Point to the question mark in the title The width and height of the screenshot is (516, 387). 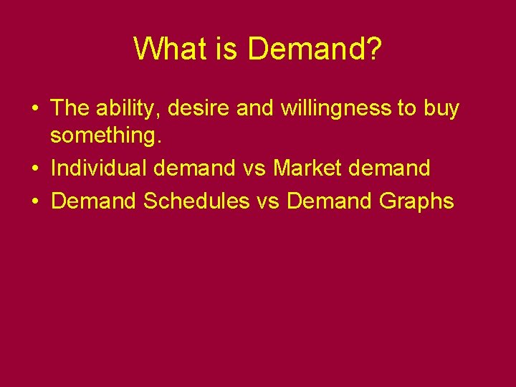[374, 49]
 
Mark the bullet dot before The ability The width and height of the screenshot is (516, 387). [35, 110]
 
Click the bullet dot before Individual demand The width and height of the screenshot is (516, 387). [35, 169]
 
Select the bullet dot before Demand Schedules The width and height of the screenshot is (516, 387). [35, 202]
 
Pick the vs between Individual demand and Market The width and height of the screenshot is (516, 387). [254, 169]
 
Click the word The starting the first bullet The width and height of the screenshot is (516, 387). [70, 108]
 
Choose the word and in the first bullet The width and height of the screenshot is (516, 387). [252, 108]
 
